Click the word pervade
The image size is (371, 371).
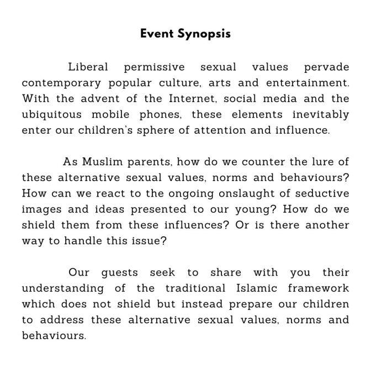tap(326, 67)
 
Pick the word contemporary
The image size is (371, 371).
tap(61, 83)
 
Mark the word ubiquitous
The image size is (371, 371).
tap(52, 115)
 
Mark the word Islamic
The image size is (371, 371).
tap(247, 289)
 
